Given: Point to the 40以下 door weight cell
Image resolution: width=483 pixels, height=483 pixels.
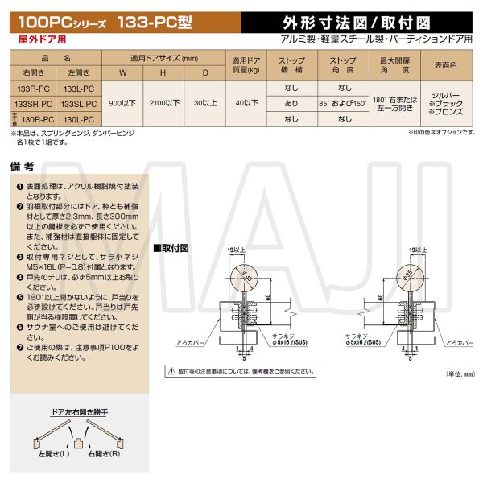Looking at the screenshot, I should click(246, 104).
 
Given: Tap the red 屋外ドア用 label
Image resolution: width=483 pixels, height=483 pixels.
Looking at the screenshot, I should click(37, 37).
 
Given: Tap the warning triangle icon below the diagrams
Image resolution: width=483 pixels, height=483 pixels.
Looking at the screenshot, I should click(171, 371).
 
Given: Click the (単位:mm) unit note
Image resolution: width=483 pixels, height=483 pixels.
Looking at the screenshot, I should click(460, 374).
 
